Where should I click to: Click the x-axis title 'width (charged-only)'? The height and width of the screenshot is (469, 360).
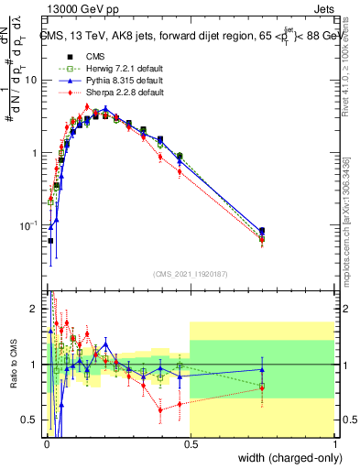(x=285, y=459)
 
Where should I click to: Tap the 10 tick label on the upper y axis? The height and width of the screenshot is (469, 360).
(x=30, y=80)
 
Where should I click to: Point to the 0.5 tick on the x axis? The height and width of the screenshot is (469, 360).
(x=190, y=445)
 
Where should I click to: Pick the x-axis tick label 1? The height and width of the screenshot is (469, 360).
(x=334, y=445)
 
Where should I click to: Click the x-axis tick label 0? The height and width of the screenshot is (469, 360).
(x=46, y=445)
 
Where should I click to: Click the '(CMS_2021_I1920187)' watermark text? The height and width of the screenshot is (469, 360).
(x=191, y=274)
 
